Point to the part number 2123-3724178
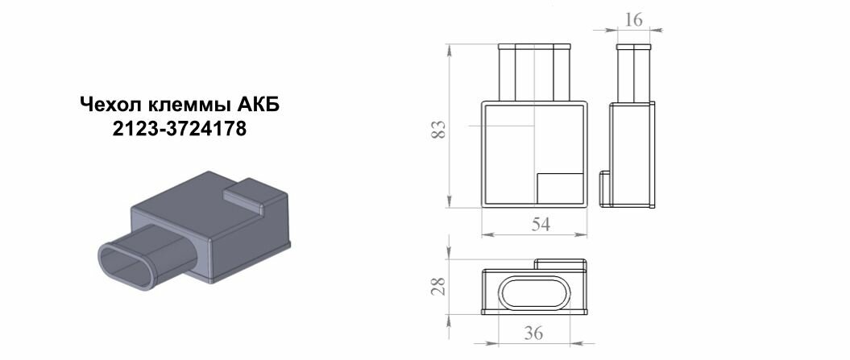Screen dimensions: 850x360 tap(180, 129)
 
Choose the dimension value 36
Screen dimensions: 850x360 tap(533, 333)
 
